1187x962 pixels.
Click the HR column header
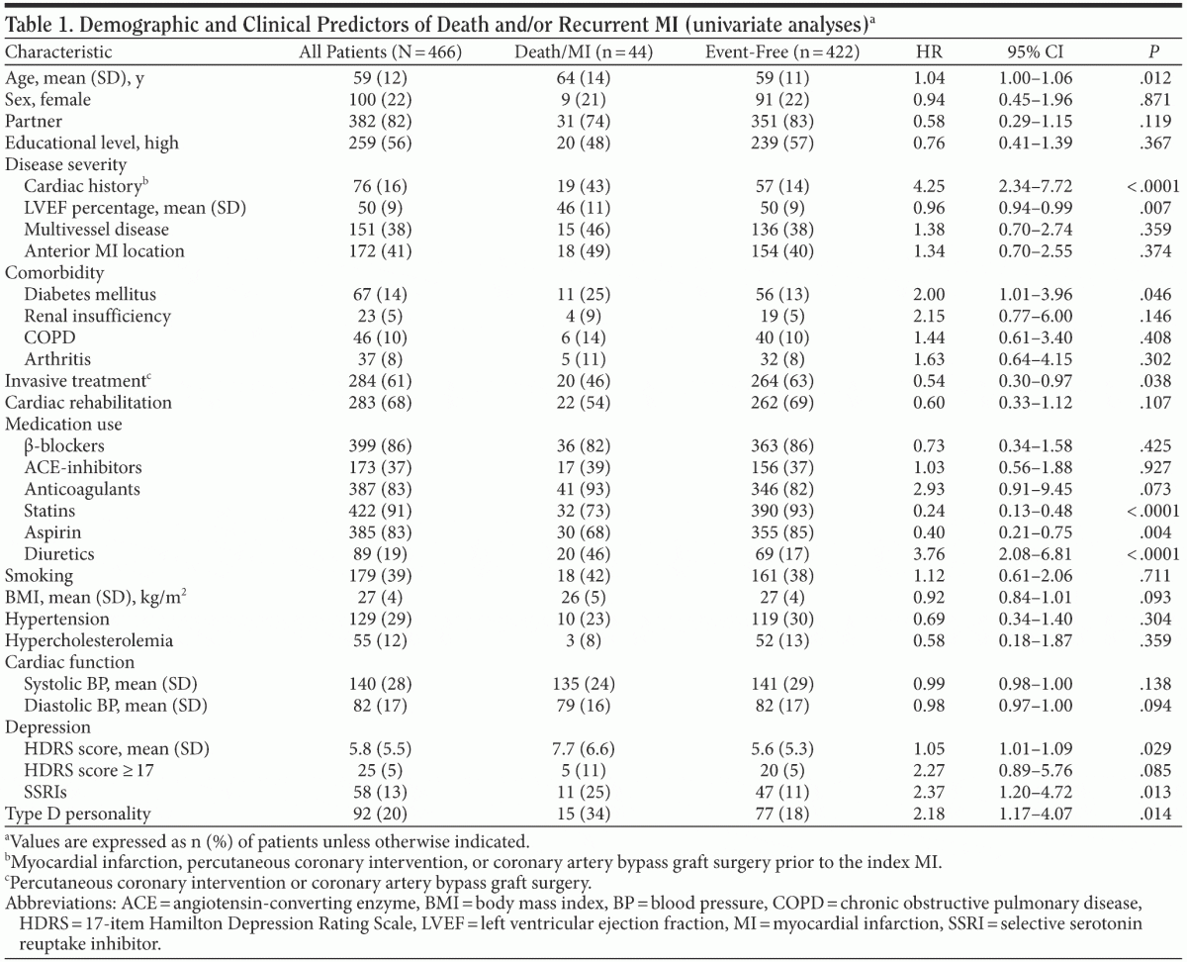pos(930,51)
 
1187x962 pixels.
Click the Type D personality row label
pos(78,814)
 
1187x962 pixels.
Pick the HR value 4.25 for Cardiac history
pos(930,186)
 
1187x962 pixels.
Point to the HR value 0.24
pos(930,511)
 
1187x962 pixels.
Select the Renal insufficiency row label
pos(98,316)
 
